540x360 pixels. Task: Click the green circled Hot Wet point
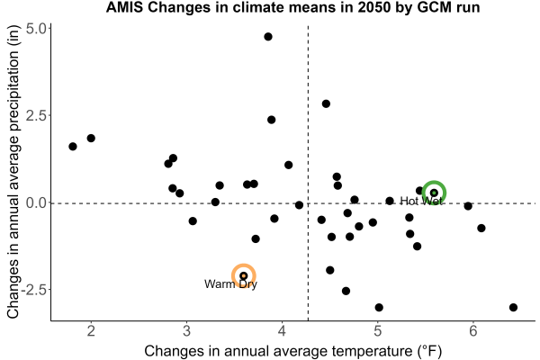coord(434,193)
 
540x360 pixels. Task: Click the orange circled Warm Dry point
coord(244,275)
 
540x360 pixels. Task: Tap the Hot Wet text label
coord(421,201)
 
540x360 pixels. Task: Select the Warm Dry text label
coord(230,283)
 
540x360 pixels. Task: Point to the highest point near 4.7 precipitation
coord(268,37)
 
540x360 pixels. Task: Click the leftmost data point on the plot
coord(73,147)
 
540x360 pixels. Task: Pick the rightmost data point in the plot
coord(513,307)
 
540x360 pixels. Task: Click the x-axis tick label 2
coord(91,330)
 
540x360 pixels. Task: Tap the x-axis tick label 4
coord(283,330)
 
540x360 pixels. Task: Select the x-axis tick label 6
coord(473,330)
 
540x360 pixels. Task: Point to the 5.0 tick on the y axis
coord(36,29)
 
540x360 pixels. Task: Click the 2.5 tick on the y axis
coord(36,115)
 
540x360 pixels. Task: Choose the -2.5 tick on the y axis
coord(34,290)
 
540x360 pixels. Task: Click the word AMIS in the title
coord(124,7)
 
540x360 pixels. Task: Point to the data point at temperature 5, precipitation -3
coord(379,307)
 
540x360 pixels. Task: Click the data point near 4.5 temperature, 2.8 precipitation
coord(326,103)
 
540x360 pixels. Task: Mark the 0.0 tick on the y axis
coord(36,202)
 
